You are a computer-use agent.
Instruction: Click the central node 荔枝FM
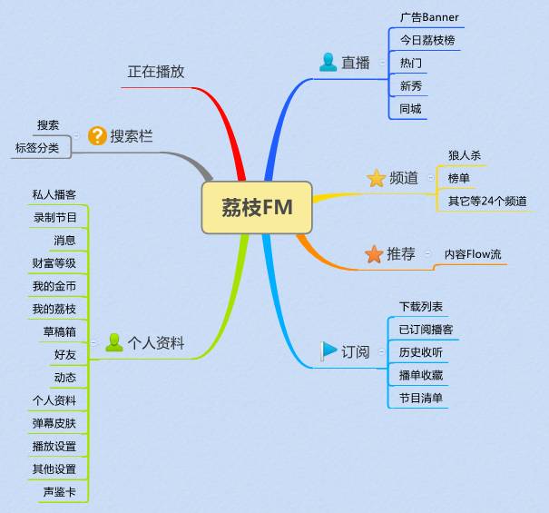coord(257,208)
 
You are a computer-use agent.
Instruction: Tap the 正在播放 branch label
coord(155,71)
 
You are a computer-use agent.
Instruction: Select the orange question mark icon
coord(97,136)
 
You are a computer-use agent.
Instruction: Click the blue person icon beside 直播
coord(328,63)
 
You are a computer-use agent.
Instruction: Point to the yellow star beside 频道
coord(377,178)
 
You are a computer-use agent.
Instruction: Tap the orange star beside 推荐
coord(373,254)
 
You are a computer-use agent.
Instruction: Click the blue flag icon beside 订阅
coord(328,351)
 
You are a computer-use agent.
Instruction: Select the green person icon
coord(114,342)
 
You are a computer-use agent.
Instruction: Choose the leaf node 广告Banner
coord(429,17)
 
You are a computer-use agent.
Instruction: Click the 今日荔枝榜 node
coord(426,40)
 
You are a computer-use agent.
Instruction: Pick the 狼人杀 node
coord(464,155)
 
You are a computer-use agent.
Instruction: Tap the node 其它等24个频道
coord(487,201)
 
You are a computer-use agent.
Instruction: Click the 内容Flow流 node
coord(472,254)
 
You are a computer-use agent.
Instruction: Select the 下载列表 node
coord(421,307)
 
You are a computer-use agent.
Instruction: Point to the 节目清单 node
coord(421,398)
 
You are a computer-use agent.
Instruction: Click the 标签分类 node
coord(37,147)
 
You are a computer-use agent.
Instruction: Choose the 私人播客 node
coord(54,194)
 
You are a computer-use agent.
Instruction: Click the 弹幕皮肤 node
coord(54,423)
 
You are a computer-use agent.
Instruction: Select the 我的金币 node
coord(54,286)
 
